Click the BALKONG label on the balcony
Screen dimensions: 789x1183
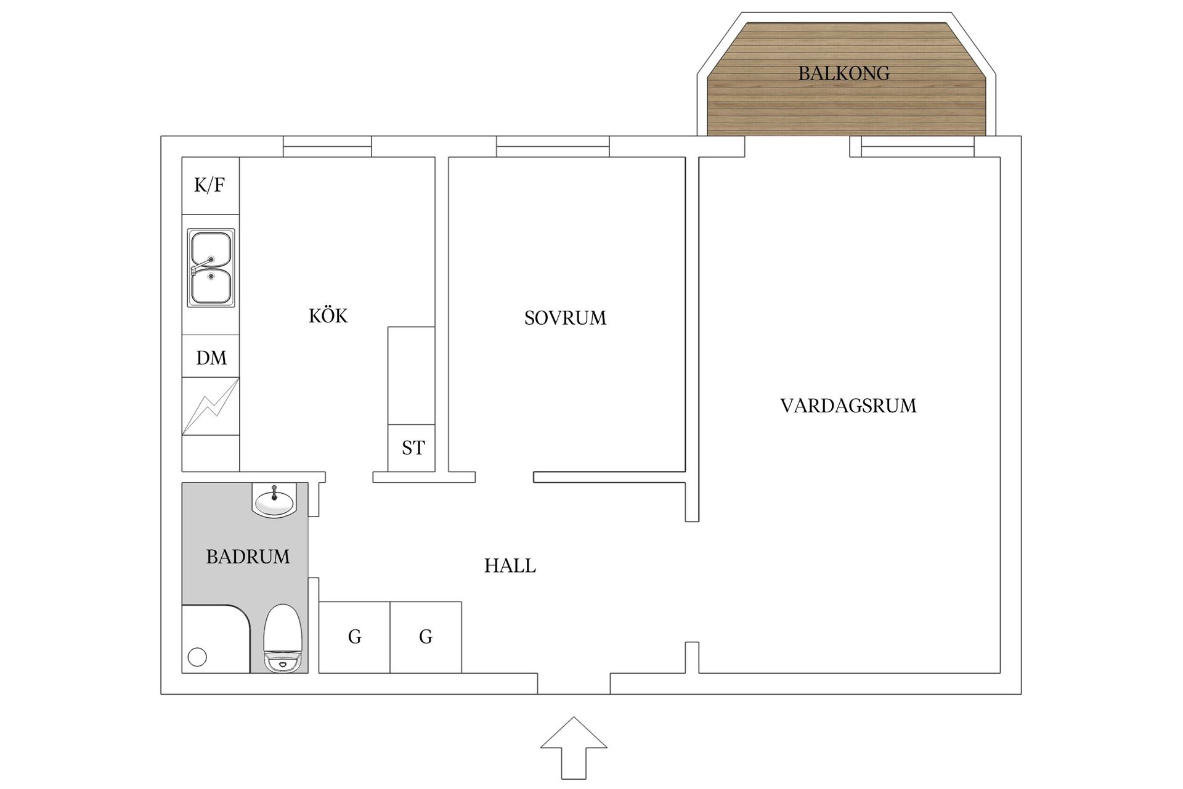[x=844, y=73]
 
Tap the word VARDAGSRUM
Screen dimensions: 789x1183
[x=848, y=406]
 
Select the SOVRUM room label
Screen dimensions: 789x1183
[x=565, y=318]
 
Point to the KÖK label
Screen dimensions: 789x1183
[x=328, y=316]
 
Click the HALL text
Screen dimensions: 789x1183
[x=510, y=566]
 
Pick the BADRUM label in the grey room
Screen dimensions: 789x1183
[x=248, y=557]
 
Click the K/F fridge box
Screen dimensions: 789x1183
[x=210, y=186]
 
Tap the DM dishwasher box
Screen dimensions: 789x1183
[x=211, y=358]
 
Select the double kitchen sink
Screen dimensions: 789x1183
[x=211, y=268]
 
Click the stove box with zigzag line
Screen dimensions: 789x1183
[x=211, y=407]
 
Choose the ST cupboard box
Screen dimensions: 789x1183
[x=412, y=448]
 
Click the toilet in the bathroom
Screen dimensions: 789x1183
[x=283, y=639]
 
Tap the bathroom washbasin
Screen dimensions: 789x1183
[x=274, y=500]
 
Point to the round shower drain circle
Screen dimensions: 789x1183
[x=197, y=658]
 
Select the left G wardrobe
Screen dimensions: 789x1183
[x=354, y=637]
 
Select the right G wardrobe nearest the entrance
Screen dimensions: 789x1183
[x=426, y=637]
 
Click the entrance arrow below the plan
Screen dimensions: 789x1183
[x=574, y=746]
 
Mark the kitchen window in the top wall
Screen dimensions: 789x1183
[x=327, y=147]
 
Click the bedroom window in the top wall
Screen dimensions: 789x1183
[x=553, y=147]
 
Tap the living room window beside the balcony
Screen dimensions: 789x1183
[x=917, y=147]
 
